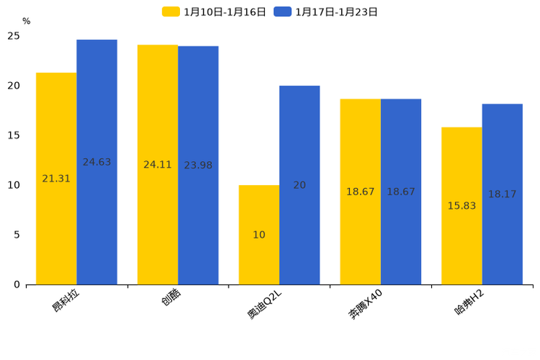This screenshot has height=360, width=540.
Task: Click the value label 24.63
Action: pos(97,162)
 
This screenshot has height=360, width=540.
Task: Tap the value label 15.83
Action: pos(462,205)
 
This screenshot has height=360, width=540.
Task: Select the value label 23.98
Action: pos(198,165)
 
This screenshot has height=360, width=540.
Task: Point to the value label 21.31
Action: pos(56,179)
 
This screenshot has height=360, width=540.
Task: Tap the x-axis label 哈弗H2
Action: pos(469,301)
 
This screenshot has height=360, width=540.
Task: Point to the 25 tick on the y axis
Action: pos(14,36)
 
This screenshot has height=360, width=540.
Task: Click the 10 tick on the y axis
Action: pos(14,185)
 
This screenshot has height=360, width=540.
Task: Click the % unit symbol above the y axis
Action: pos(26,21)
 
